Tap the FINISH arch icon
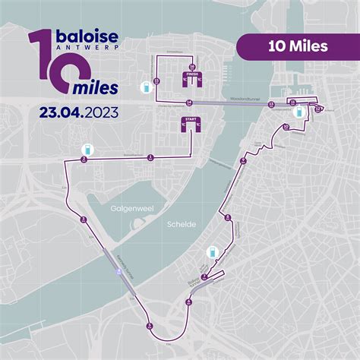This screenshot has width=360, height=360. coord(191,78)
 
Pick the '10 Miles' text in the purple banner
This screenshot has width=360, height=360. coord(298,46)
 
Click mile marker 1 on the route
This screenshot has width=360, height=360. coord(150,157)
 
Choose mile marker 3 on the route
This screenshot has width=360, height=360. coord(82,219)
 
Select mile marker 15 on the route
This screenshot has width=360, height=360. coord(156,81)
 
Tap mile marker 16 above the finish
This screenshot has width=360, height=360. coord(192,67)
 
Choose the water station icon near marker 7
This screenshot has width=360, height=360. coord(213,253)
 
